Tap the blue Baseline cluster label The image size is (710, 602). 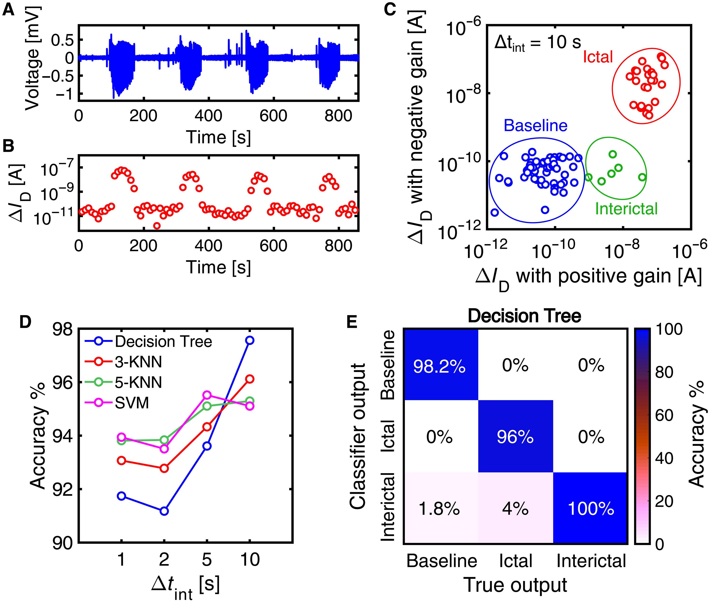coord(535,126)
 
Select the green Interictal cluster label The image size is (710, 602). coord(626,209)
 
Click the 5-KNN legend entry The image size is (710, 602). coord(138,383)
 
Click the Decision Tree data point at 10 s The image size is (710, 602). coord(250,340)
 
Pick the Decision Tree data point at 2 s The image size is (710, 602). coord(164,511)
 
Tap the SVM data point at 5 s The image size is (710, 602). coord(207,395)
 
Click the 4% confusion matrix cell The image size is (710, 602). coord(515,509)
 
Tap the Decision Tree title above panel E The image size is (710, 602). coord(524,316)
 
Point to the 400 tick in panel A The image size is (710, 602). coord(208,116)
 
